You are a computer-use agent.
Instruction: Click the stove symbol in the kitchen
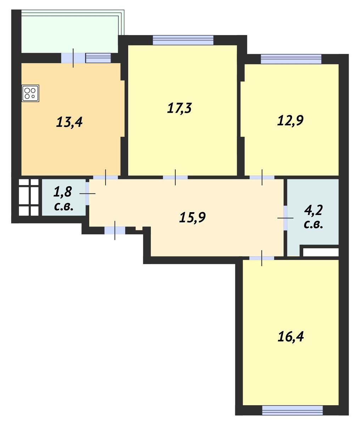(x=30, y=93)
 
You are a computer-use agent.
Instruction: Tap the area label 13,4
(x=69, y=122)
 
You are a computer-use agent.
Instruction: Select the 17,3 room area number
(x=179, y=108)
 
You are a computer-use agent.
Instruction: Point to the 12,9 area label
(x=290, y=120)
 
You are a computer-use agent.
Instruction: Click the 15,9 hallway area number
(x=192, y=217)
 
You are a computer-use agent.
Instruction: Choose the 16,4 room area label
(x=291, y=336)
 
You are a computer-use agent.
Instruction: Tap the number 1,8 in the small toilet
(x=62, y=192)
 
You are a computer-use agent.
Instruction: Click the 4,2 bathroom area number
(x=313, y=210)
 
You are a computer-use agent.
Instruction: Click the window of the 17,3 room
(x=183, y=40)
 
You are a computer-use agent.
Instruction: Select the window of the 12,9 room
(x=291, y=59)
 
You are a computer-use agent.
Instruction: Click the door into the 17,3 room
(x=175, y=177)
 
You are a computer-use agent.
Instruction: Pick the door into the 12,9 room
(x=262, y=177)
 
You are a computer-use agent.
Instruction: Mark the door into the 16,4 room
(x=261, y=258)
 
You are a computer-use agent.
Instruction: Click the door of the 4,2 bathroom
(x=286, y=218)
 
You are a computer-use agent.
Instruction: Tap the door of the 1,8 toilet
(x=88, y=193)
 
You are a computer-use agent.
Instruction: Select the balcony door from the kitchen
(x=73, y=58)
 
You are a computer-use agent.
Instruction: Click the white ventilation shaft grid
(x=29, y=197)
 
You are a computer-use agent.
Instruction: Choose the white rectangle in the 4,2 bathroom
(x=321, y=252)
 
